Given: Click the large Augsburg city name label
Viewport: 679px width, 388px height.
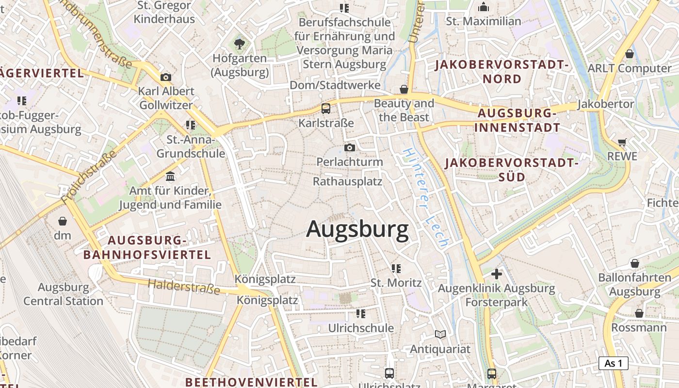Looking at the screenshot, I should [357, 229].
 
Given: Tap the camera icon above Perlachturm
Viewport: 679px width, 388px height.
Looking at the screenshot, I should [350, 147].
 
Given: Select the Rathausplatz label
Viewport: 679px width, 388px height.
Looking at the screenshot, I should [348, 182].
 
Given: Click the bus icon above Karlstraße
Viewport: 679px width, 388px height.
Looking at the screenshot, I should [326, 109].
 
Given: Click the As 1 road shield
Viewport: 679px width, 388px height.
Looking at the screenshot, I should [613, 363].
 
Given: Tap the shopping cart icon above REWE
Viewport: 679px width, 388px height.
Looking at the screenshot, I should [622, 143].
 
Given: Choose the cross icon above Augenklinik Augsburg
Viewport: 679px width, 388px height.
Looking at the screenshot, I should [497, 274].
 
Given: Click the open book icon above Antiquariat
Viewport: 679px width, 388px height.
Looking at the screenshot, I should [440, 335].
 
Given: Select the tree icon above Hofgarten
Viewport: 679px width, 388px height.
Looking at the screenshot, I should [240, 44].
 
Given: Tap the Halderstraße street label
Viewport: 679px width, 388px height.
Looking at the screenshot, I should [184, 286].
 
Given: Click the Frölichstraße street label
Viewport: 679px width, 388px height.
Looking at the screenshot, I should [89, 177].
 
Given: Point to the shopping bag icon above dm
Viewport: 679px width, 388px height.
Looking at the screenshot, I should [63, 222].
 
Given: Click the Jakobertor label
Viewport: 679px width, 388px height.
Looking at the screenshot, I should [606, 104].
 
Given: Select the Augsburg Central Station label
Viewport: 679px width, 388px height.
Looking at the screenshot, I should [64, 294].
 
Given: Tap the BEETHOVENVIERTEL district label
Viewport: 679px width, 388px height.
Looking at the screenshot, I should [251, 382].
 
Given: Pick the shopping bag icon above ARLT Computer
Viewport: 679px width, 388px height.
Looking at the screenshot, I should [630, 54].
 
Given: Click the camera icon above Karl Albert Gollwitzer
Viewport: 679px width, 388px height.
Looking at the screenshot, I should [166, 77].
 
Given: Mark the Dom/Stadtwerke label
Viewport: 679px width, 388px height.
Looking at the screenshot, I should [335, 85].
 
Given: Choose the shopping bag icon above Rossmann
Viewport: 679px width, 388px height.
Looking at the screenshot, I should [639, 313].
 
